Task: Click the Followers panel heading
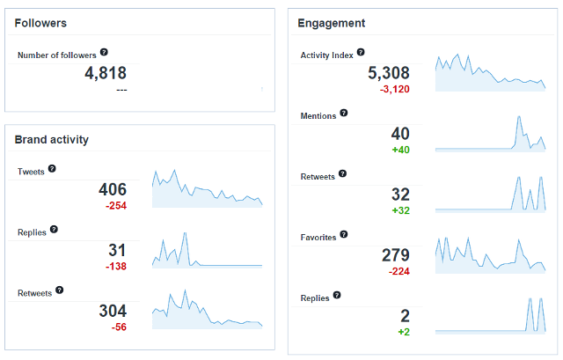(x=40, y=23)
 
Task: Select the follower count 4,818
(x=106, y=74)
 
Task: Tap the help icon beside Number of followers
(x=105, y=54)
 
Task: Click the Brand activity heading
(x=52, y=139)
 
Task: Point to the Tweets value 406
(x=112, y=189)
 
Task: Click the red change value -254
(x=116, y=206)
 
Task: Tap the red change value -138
(x=116, y=267)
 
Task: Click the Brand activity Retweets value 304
(x=112, y=311)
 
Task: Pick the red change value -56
(x=119, y=327)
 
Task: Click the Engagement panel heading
(x=332, y=23)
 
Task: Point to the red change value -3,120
(x=394, y=89)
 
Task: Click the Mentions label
(x=318, y=115)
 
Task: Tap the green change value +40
(x=400, y=150)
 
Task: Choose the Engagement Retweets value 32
(x=400, y=195)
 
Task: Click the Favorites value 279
(x=395, y=255)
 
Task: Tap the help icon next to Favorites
(x=345, y=235)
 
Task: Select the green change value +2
(x=404, y=332)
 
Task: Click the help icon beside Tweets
(x=52, y=168)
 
